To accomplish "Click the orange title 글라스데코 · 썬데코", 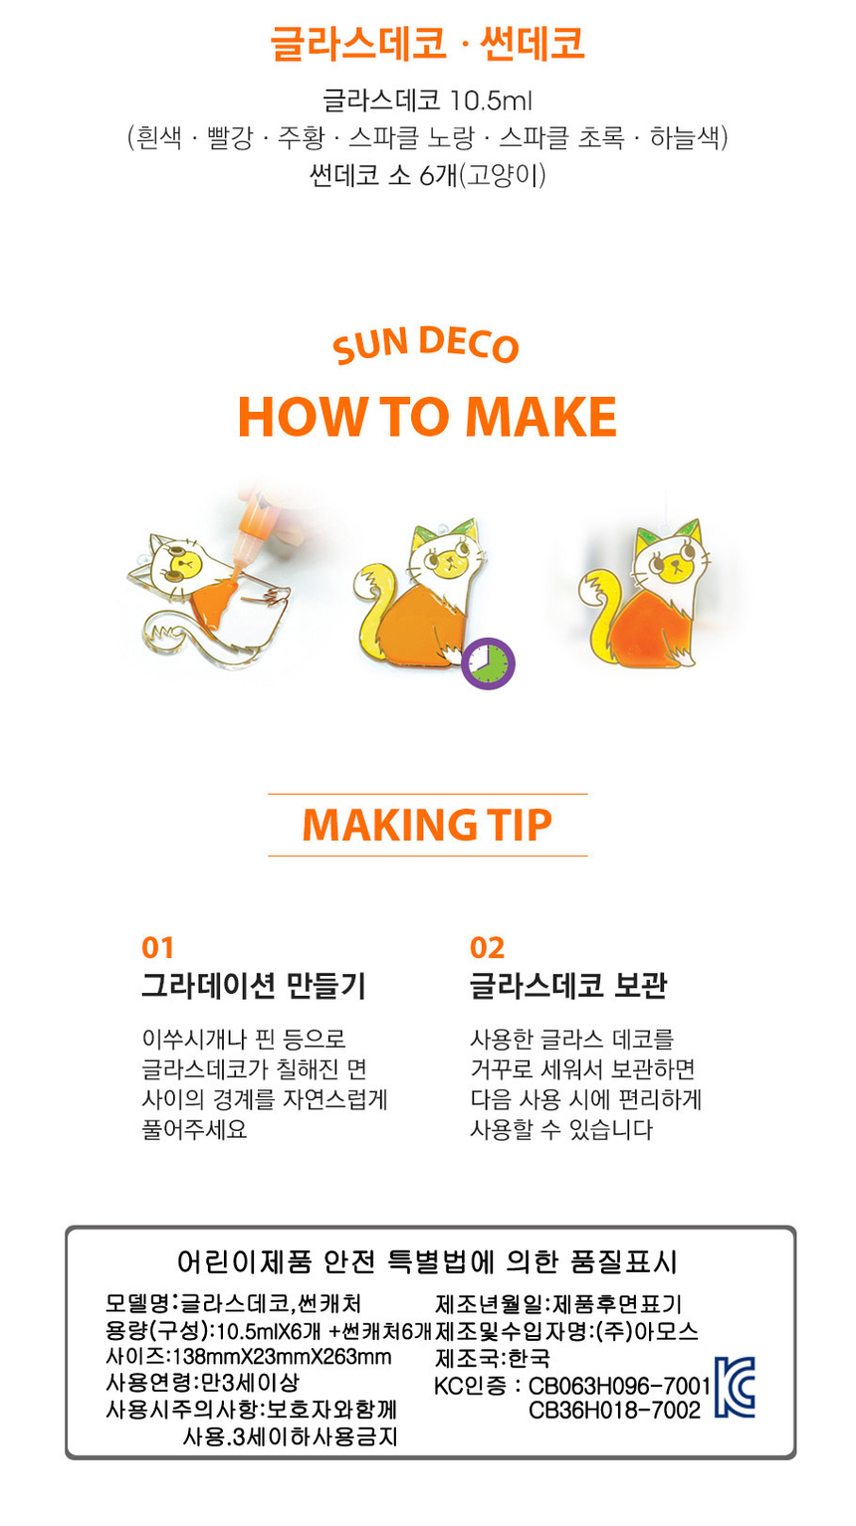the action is pos(427,44).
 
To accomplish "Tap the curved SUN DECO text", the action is pos(426,345).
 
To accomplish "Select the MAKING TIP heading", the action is pos(427,825).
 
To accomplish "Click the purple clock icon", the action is pos(488,664).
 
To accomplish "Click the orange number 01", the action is pos(157,948).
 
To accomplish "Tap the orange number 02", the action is pos(488,948).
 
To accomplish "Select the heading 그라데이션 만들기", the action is pos(254,986).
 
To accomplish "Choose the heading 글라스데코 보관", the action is pos(568,986).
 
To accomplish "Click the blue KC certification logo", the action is pos(735,1387).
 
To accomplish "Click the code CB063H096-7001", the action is pos(619,1386).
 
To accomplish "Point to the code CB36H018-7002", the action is pos(615,1411).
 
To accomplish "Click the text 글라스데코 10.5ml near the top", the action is pos(427,100).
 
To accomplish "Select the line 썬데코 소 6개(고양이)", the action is pos(427,176).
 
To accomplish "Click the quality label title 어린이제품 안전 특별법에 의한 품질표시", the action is pos(427,1262).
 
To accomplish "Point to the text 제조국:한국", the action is pos(492,1359).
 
